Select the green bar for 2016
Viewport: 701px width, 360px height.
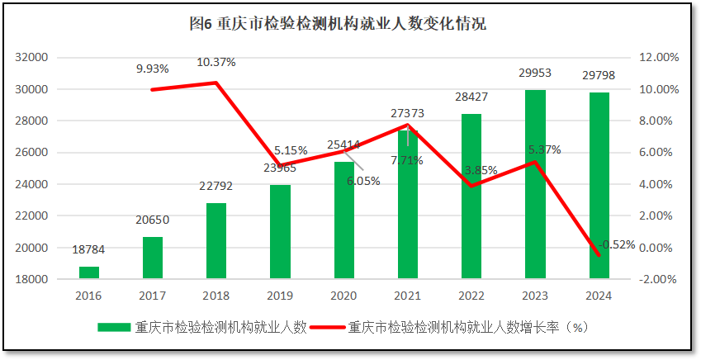point(88,272)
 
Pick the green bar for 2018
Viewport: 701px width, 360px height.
point(216,240)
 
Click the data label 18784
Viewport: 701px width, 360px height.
point(88,249)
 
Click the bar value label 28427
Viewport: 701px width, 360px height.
point(471,97)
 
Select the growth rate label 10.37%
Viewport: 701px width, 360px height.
point(216,62)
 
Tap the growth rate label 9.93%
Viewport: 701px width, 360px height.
point(153,69)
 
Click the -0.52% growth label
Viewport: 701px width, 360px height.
point(618,244)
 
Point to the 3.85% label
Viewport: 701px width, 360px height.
point(481,170)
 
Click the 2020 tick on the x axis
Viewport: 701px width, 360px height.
point(343,295)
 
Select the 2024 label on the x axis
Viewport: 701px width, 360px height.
point(599,295)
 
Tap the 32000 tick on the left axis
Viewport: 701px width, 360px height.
point(32,58)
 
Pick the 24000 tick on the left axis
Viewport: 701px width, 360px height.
point(32,184)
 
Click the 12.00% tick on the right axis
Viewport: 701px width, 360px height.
point(658,58)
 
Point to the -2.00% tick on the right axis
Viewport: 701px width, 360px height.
point(658,279)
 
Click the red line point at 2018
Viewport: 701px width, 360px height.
point(216,83)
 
